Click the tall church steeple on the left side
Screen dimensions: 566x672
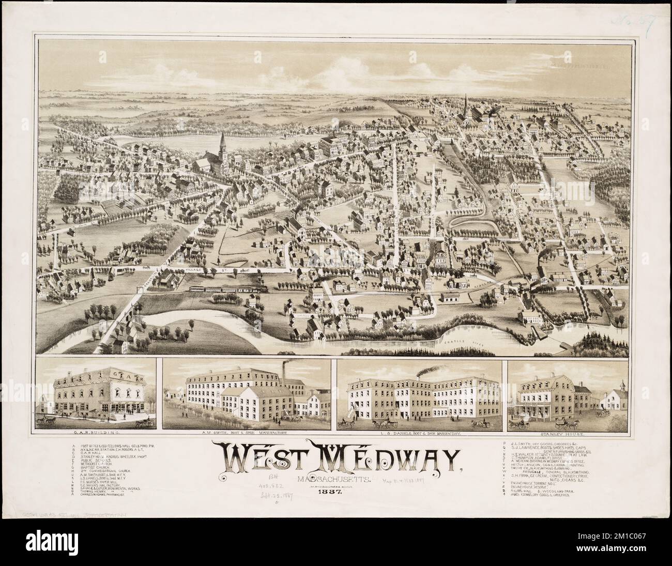pos(223,142)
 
